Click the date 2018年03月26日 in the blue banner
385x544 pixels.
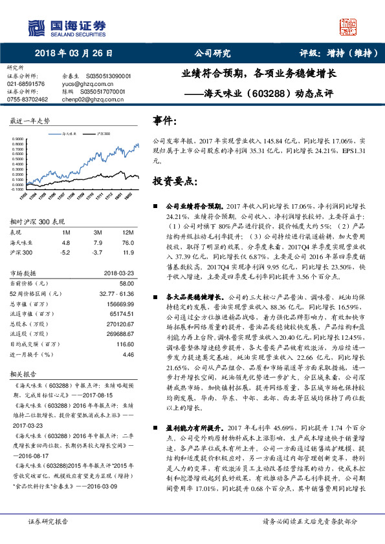[72, 54]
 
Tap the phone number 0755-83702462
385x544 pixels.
[27, 99]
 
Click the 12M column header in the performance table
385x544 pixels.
[128, 232]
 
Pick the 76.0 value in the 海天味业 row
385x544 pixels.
[128, 242]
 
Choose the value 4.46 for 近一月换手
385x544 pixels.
[128, 355]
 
